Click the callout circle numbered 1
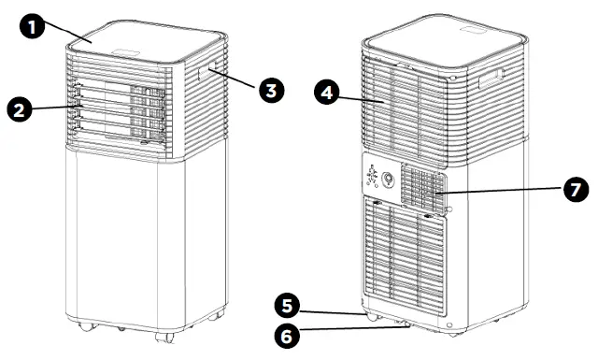(34, 28)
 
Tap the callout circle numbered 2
(21, 109)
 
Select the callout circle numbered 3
(271, 91)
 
